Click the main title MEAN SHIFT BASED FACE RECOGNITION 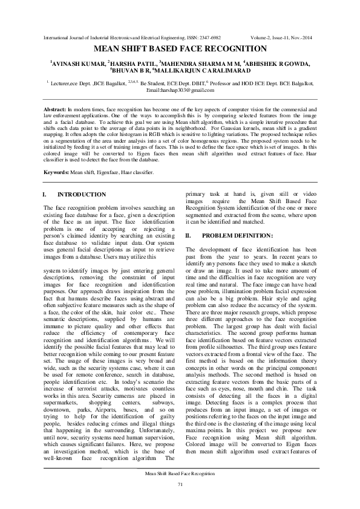(x=180, y=48)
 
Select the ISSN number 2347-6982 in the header (x=209, y=37)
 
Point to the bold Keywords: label (x=57, y=172)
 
